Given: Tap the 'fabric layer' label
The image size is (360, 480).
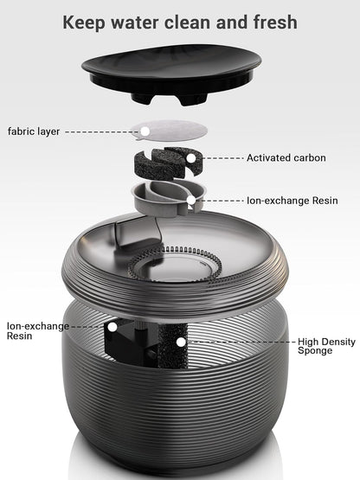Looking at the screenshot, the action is coord(34,131).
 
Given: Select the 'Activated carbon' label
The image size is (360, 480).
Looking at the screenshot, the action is coord(286,158).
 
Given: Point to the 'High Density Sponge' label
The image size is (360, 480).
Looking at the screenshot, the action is coord(326,346).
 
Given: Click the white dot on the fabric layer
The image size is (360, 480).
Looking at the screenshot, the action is coord(145,131).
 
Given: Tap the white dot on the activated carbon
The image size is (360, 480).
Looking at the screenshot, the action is coord(191,158).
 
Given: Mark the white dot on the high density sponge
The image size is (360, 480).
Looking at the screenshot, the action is coord(182,342).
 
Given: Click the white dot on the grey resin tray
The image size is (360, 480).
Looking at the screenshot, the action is coord(191,200).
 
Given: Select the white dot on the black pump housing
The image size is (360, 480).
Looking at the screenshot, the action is coord(112,327).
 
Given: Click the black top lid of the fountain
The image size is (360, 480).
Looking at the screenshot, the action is coord(171,74).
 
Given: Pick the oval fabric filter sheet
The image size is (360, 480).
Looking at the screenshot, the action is coord(171,131).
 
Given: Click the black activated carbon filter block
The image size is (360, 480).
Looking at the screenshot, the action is coord(168,163).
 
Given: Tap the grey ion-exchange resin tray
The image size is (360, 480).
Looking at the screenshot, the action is coord(168,197).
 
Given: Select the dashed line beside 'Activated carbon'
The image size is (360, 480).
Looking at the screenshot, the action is coord(222,158).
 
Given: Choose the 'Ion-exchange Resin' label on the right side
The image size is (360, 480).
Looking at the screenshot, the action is coord(292,201).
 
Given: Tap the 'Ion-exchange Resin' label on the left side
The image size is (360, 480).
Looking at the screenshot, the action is coord(38,330).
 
